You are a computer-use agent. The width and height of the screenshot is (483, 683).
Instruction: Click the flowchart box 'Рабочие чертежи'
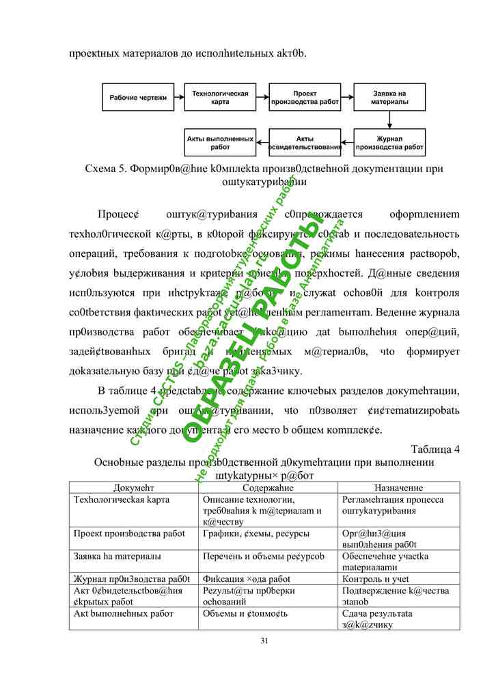[138, 98]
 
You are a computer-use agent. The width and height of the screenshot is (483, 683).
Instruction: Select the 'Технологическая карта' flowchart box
[220, 98]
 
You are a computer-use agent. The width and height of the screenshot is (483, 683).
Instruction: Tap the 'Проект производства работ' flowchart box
[305, 98]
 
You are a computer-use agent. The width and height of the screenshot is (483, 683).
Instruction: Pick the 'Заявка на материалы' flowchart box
[389, 98]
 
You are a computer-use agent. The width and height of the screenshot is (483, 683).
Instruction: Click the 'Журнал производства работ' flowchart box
[389, 143]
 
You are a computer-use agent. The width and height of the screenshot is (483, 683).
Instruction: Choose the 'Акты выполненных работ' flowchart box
[220, 143]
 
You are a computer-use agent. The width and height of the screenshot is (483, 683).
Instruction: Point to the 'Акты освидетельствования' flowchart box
[305, 143]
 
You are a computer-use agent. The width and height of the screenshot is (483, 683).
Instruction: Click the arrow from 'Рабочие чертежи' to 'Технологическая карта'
[179, 98]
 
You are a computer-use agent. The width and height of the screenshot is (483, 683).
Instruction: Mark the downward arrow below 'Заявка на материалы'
[389, 120]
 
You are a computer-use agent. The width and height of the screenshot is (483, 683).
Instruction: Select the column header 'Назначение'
[399, 488]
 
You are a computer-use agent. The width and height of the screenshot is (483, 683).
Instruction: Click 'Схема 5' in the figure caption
[104, 168]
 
